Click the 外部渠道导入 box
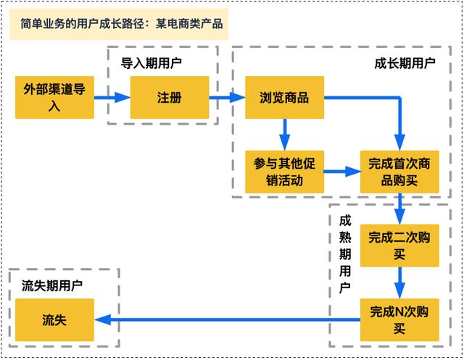pos(54,98)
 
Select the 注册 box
pos(170,98)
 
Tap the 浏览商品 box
pos(284,98)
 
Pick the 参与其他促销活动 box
pos(284,172)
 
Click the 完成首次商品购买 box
pos(399,172)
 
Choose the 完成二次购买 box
pos(399,246)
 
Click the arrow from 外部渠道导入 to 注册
pos(112,98)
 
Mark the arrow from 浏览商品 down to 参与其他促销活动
pos(284,135)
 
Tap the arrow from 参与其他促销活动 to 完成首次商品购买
pos(342,172)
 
